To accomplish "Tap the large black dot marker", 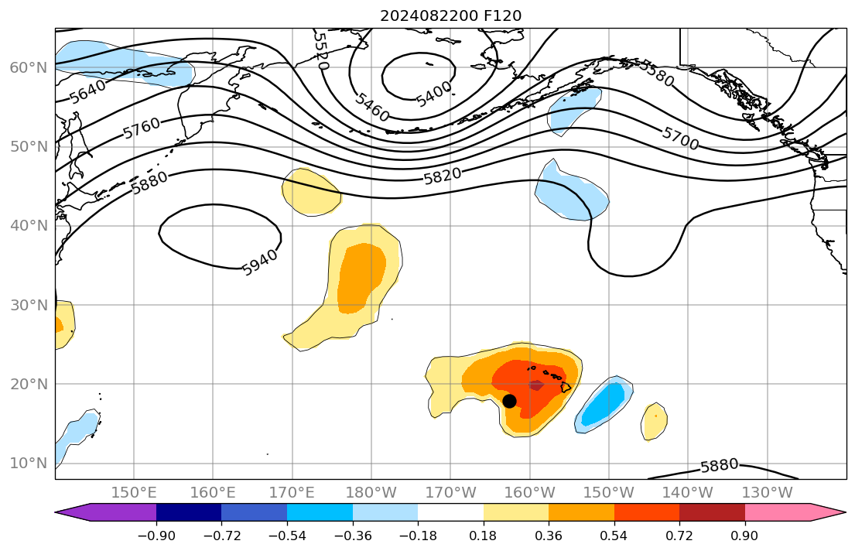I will [x=509, y=401].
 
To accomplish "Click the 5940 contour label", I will [x=259, y=264].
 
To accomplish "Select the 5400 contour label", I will [x=433, y=95].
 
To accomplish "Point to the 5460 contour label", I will [x=372, y=108].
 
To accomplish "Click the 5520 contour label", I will [x=321, y=51].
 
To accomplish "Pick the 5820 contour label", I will [x=443, y=176].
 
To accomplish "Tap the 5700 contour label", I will [x=680, y=138].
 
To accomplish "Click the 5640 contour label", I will [x=87, y=93].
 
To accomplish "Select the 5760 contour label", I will [x=142, y=128].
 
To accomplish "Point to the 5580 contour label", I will [x=655, y=73].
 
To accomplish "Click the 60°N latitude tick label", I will [x=28, y=67].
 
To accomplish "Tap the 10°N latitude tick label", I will [x=28, y=463].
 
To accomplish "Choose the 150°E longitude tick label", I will [x=134, y=493].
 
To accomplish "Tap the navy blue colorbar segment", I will [x=189, y=512].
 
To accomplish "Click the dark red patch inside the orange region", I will [x=536, y=385].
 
